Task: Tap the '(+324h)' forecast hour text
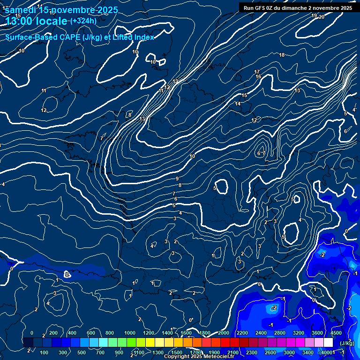click(83, 21)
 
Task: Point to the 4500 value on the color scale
click(336, 333)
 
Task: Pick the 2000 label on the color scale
click(223, 333)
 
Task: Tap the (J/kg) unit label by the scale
click(346, 343)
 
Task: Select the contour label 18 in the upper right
click(282, 55)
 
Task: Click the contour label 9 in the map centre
click(177, 179)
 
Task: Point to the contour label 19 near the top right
click(314, 16)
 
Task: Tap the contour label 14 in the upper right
click(238, 104)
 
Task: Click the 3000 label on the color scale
click(289, 352)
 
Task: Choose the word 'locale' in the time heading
click(49, 22)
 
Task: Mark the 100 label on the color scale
click(44, 352)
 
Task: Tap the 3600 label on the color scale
click(317, 333)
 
